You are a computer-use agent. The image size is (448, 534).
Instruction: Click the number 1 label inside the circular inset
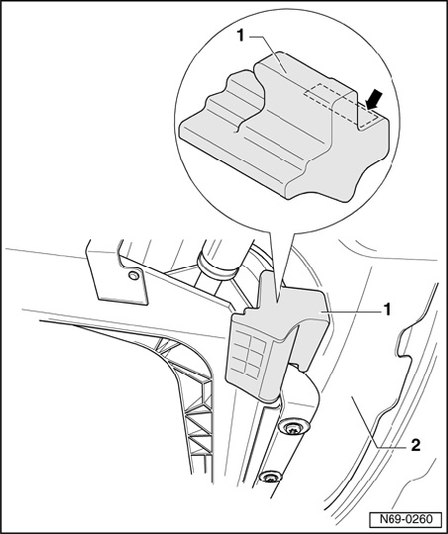click(241, 36)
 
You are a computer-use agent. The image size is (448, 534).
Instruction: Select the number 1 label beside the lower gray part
click(387, 311)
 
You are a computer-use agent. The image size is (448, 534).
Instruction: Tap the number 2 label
click(415, 445)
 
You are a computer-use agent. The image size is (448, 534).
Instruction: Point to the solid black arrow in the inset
click(374, 100)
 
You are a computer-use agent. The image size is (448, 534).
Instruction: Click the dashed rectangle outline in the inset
click(340, 105)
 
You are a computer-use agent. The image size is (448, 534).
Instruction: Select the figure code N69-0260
click(405, 519)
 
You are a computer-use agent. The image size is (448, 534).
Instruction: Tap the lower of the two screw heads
click(271, 477)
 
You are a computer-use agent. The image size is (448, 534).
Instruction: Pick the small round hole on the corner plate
click(134, 275)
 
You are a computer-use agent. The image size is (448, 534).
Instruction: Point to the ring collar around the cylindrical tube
click(217, 267)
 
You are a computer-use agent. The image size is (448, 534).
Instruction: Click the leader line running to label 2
click(380, 421)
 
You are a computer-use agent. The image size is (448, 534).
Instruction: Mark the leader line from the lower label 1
click(350, 311)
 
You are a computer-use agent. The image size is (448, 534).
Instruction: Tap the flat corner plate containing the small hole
click(118, 276)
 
